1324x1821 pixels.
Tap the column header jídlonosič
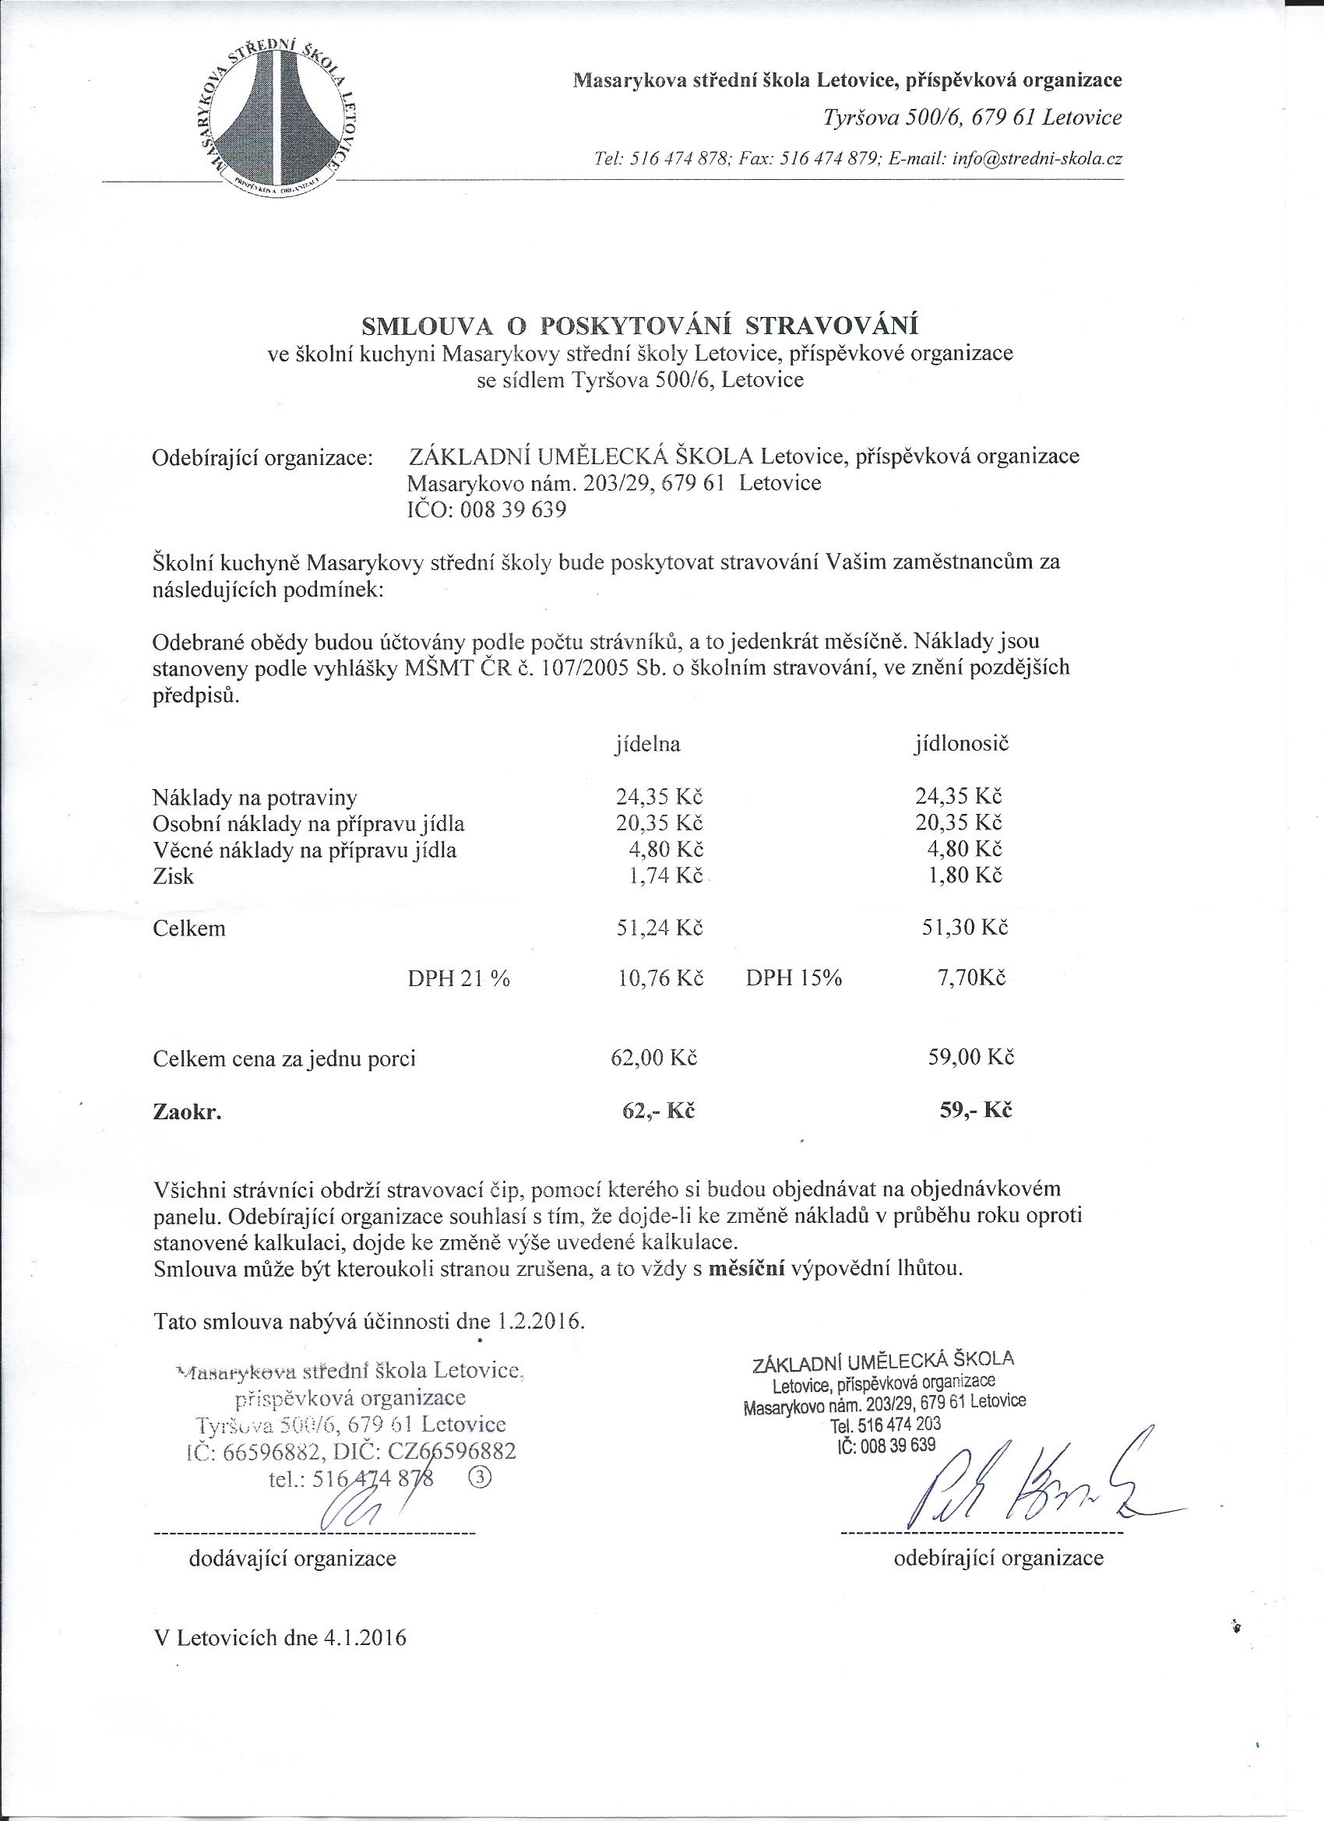point(961,744)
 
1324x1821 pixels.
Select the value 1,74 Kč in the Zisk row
point(663,875)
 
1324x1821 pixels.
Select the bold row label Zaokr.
point(186,1113)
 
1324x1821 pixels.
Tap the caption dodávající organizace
point(292,1559)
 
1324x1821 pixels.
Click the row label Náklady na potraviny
point(255,798)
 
